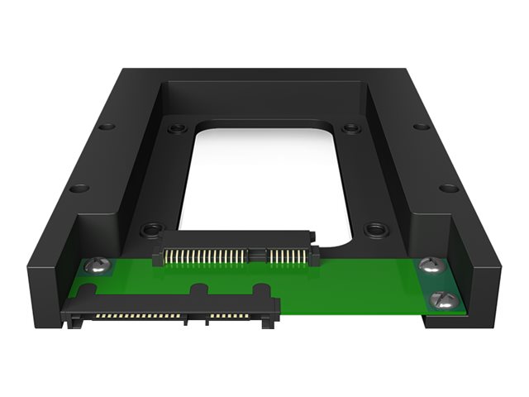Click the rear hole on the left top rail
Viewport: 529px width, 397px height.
(106, 127)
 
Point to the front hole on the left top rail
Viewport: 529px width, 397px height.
(79, 188)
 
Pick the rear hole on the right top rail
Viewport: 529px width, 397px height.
(421, 127)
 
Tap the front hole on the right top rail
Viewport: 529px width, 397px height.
(448, 188)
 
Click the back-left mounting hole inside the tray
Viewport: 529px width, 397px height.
(176, 129)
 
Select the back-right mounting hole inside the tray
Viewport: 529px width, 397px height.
(351, 129)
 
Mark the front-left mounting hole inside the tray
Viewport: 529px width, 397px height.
(151, 229)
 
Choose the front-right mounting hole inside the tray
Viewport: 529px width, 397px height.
(376, 228)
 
